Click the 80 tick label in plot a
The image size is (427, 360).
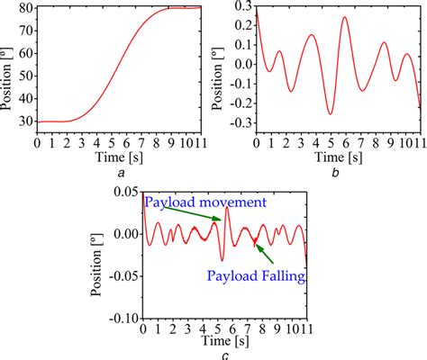24,8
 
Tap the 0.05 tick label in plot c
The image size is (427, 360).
126,193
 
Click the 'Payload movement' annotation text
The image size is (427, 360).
208,202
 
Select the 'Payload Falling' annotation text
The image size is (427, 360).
256,274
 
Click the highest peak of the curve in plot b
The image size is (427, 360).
343,18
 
